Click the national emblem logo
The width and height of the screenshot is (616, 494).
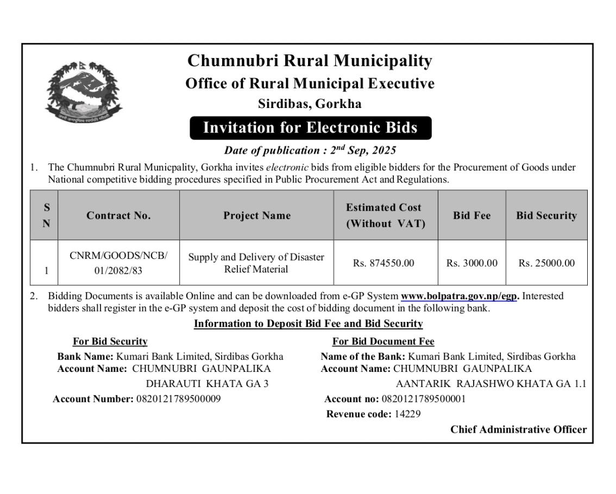[83, 92]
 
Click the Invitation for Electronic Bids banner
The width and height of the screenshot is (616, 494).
[310, 128]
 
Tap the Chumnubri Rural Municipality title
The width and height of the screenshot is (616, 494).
[310, 60]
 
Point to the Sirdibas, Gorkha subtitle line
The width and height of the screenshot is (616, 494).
[310, 103]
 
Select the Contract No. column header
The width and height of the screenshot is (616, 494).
[118, 216]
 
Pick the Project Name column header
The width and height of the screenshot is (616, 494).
[256, 216]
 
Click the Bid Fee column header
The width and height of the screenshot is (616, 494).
[472, 216]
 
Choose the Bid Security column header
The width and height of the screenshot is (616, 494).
[546, 216]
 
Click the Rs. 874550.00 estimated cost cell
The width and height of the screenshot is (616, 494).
[384, 263]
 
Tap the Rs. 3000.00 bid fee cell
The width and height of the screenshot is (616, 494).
[472, 263]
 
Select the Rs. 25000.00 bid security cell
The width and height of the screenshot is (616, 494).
[546, 263]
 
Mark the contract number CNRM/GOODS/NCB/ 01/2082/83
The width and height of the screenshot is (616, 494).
[118, 263]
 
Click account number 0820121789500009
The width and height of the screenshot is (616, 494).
[178, 399]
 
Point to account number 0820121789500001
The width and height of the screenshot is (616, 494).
[424, 399]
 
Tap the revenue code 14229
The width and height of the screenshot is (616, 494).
[407, 414]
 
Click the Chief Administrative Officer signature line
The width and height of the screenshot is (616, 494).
[518, 429]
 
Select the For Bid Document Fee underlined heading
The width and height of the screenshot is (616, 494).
[383, 341]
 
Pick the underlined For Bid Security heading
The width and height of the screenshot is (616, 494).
[110, 341]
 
